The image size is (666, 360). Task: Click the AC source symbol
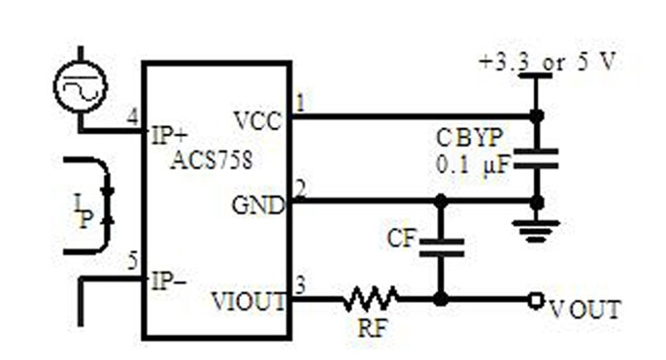(x=80, y=86)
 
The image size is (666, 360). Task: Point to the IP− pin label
(x=167, y=281)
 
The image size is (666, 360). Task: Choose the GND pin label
(x=257, y=206)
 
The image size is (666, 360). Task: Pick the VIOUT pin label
(x=249, y=301)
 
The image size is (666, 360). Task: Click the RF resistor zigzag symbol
(x=369, y=299)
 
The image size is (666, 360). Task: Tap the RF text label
(x=371, y=330)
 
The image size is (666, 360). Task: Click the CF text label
(x=402, y=238)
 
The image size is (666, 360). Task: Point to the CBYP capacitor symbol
(x=536, y=158)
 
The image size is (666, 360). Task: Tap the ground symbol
(x=536, y=229)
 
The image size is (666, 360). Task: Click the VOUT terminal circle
(x=534, y=299)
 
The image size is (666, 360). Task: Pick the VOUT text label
(x=584, y=311)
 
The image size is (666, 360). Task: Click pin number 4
(x=132, y=118)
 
